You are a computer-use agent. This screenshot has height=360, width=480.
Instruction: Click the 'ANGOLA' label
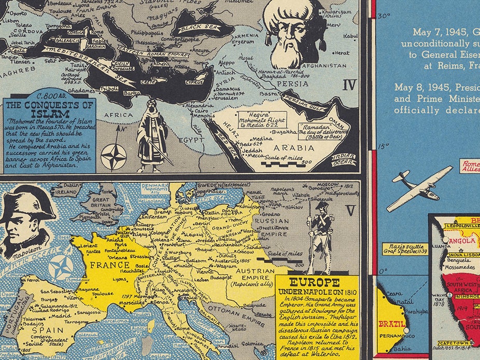click(x=459, y=242)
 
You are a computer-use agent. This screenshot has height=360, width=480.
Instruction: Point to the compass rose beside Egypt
click(x=113, y=157)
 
